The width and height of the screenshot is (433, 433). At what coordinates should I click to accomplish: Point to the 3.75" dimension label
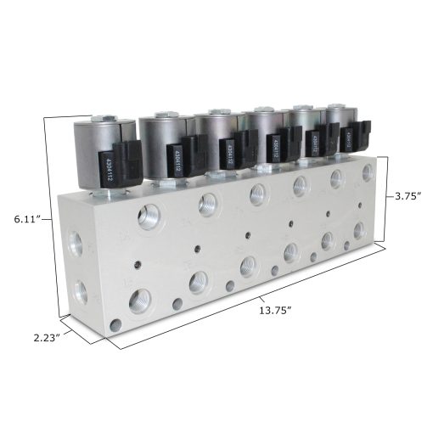[x=409, y=196]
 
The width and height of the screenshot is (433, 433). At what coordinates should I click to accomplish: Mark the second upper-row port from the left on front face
[x=205, y=202]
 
